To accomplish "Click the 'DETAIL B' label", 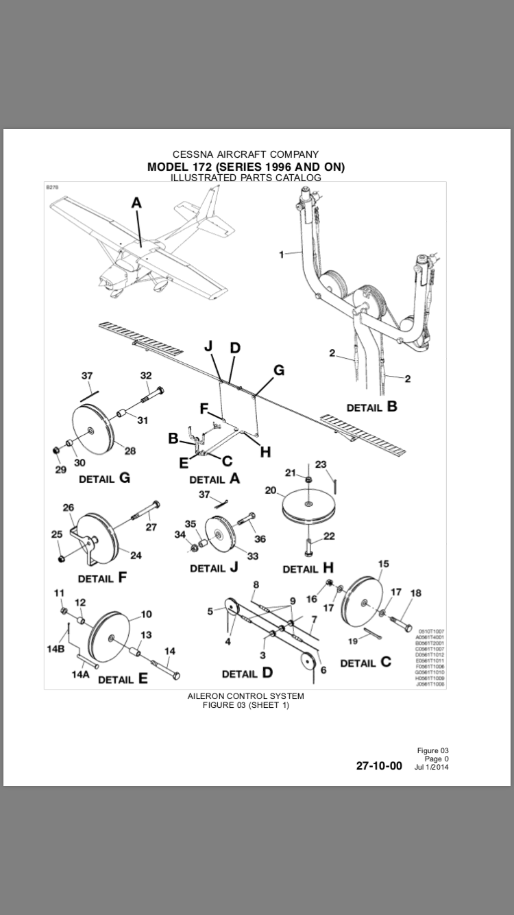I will (x=371, y=407).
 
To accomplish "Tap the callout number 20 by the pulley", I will (x=270, y=490).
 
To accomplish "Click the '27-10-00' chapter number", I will (x=379, y=765).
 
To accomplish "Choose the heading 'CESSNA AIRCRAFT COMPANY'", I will (x=245, y=154).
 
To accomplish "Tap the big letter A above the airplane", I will (x=136, y=203).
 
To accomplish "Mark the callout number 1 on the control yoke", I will (x=281, y=254).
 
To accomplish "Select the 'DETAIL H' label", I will (x=308, y=569).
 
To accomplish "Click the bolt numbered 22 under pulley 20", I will (x=310, y=547).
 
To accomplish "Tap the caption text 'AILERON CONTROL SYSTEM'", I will (x=245, y=696).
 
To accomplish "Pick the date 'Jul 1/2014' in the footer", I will (x=432, y=767).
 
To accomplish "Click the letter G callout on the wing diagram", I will (x=278, y=370).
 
